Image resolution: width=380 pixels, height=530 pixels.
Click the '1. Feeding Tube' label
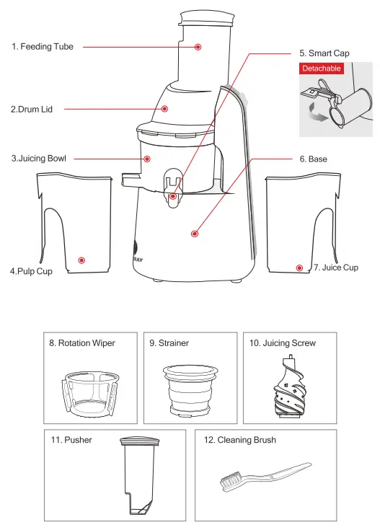43,46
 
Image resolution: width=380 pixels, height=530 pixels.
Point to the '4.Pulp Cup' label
32,272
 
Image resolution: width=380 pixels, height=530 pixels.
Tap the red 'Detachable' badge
321,69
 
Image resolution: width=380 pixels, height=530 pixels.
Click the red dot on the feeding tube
198,47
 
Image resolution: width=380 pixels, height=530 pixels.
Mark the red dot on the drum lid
164,110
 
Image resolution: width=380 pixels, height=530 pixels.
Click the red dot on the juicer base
194,233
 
